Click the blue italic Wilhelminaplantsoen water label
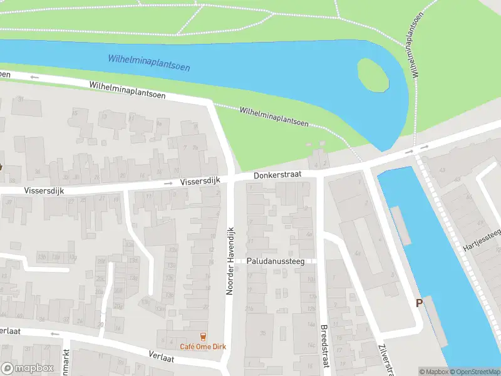(148, 62)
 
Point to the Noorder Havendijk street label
(229, 260)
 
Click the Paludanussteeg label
(275, 261)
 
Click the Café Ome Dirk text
(202, 347)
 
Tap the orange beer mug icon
(202, 337)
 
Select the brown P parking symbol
(420, 303)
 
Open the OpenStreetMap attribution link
(475, 372)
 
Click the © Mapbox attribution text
(433, 372)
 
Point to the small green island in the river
(373, 75)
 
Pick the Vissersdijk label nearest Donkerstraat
(198, 181)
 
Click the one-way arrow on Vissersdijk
(168, 183)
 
